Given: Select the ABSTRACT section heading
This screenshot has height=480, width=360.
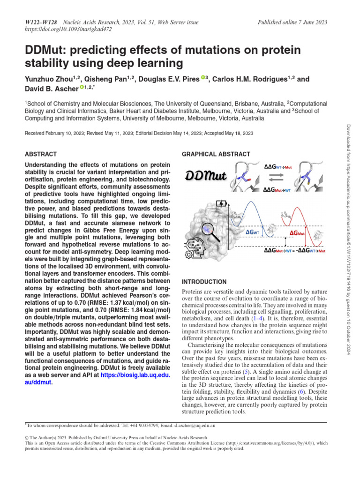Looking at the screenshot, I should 40,154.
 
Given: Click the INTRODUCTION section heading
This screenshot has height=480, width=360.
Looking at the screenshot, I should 204,282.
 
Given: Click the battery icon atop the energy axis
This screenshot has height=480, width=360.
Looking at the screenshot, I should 220,204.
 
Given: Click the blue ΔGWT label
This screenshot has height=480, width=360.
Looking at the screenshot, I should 255,232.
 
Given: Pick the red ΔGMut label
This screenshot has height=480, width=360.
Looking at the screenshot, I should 298,233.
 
